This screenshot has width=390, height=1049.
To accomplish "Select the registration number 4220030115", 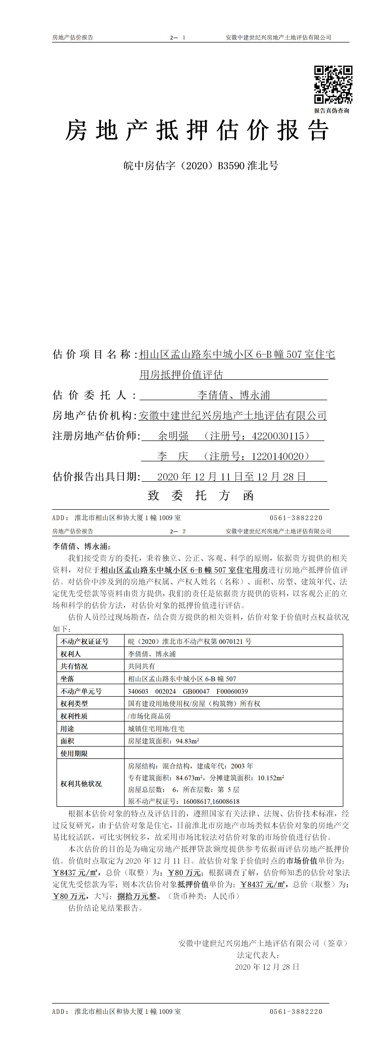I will pos(278,436).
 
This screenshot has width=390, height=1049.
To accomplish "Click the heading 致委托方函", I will pos(201,496).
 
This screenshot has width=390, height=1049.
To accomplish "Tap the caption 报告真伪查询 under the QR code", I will pos(331,111).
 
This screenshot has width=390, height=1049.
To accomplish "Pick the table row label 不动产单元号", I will pos(81,691).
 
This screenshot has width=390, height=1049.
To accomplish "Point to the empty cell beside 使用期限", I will pos(233,753).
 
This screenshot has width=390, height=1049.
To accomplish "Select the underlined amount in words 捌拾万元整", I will pos(137,896).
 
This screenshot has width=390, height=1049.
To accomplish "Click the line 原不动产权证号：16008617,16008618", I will pos(183,801).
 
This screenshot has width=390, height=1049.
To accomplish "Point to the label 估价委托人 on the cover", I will pos(95,395).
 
